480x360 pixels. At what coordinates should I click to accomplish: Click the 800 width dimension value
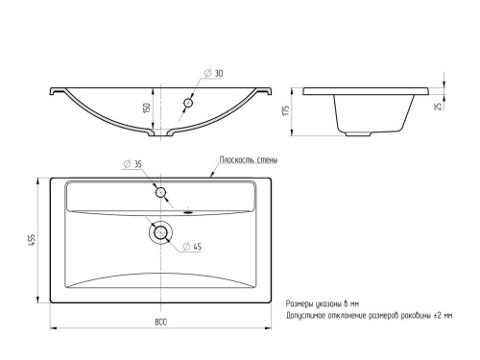pyautogui.click(x=160, y=322)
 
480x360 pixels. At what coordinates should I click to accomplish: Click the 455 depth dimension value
pyautogui.click(x=33, y=240)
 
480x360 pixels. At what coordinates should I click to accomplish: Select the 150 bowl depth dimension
pyautogui.click(x=147, y=108)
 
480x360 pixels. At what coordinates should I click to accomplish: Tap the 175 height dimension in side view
pyautogui.click(x=286, y=110)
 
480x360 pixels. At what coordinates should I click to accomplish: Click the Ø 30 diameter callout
pyautogui.click(x=213, y=73)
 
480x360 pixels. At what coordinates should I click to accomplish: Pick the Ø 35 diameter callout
pyautogui.click(x=132, y=164)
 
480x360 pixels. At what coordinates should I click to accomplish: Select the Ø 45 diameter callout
pyautogui.click(x=192, y=247)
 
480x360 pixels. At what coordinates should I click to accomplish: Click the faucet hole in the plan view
pyautogui.click(x=160, y=193)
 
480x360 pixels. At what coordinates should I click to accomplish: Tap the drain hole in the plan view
pyautogui.click(x=160, y=232)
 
